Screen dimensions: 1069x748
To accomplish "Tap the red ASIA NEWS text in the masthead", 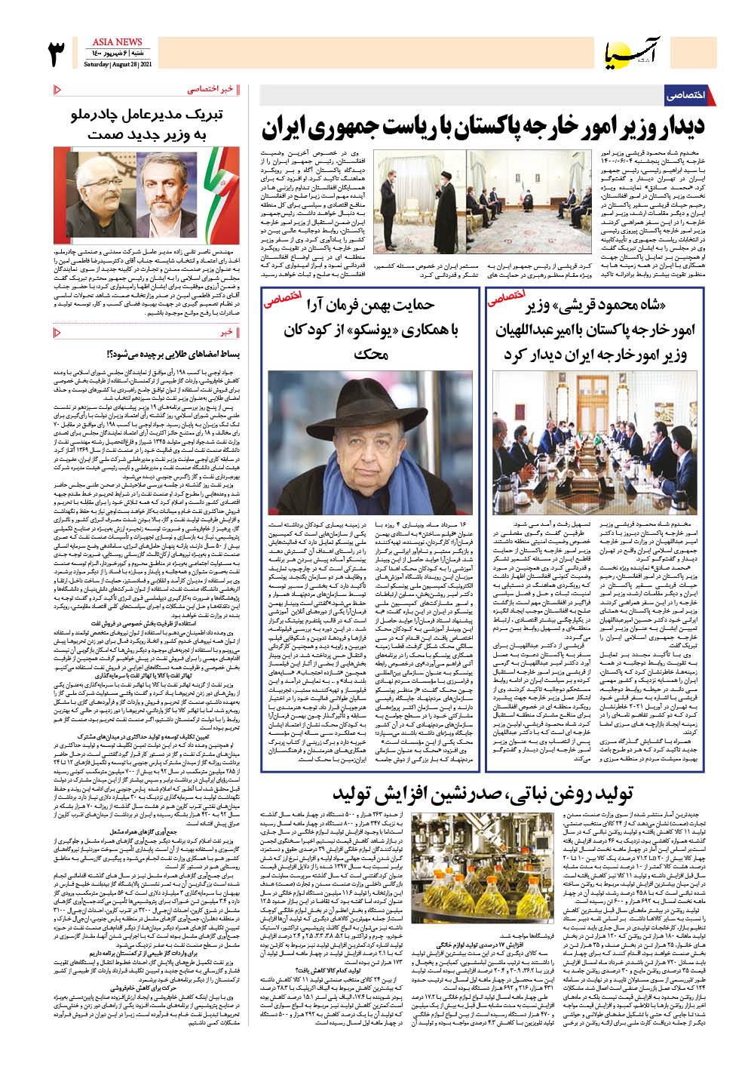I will pyautogui.click(x=117, y=42).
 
